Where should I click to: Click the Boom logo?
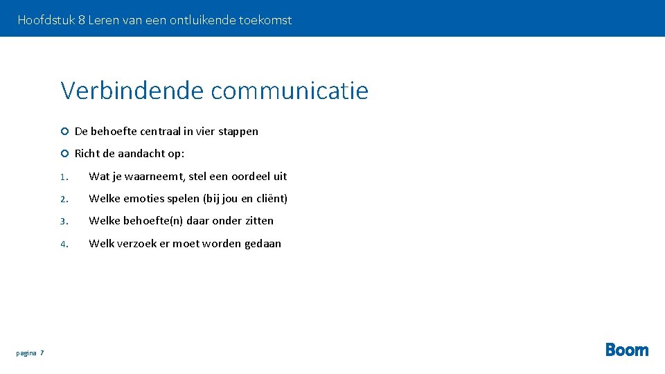pos(627,350)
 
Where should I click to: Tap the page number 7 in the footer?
pos(42,353)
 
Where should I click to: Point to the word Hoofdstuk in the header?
pos(46,20)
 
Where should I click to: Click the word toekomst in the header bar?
pos(265,20)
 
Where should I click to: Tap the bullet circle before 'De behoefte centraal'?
pos(64,132)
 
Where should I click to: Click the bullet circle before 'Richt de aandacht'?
pos(64,154)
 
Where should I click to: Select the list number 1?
pos(63,177)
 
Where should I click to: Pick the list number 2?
pos(63,199)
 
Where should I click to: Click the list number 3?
pos(63,222)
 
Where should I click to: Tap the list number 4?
pos(63,244)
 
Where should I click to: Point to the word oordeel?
pos(251,177)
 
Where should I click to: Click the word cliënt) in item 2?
pos(271,199)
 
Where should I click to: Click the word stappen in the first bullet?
pos(238,132)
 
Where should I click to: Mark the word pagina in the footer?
pos(26,353)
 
